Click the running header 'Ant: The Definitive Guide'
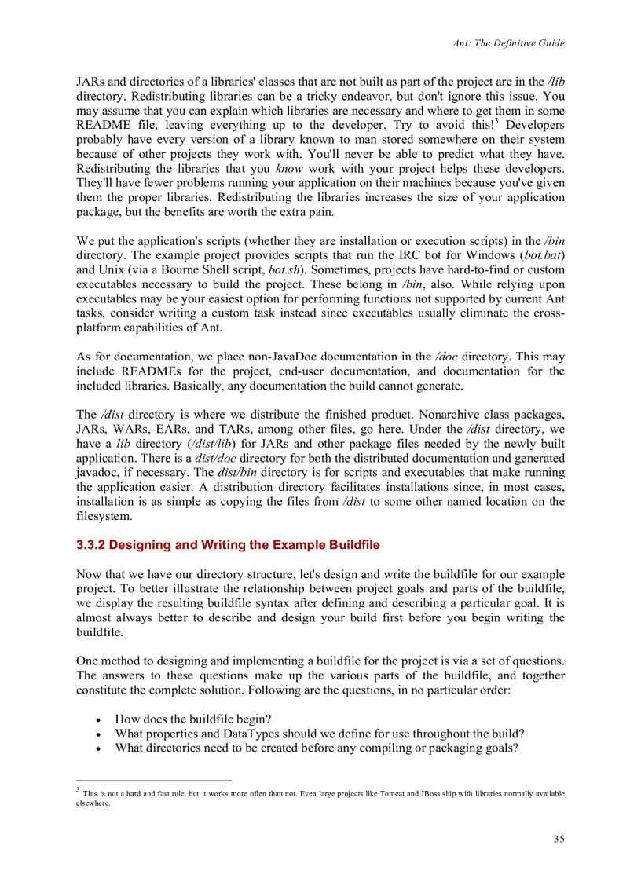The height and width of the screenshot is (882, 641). (x=508, y=43)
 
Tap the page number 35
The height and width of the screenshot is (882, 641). (x=559, y=839)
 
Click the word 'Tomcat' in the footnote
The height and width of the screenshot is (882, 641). (x=398, y=793)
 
